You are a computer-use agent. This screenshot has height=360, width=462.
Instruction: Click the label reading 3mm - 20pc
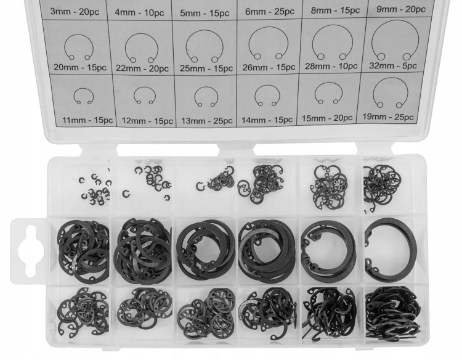(75, 12)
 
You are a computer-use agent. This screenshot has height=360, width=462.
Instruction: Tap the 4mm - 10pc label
(139, 13)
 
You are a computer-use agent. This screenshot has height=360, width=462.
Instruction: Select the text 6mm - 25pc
(270, 12)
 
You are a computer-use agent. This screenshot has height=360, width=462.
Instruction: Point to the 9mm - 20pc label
(401, 9)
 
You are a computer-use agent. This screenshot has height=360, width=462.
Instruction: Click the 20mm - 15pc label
(80, 67)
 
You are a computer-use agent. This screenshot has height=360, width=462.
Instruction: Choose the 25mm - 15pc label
(206, 68)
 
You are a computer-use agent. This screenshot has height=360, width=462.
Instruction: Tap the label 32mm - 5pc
(393, 65)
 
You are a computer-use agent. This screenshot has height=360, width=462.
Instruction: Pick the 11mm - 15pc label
(87, 120)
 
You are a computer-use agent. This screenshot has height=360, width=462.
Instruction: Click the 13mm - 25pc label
(207, 121)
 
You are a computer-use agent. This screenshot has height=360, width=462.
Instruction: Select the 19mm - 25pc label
(387, 117)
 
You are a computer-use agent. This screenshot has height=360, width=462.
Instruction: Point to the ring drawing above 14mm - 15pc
(267, 86)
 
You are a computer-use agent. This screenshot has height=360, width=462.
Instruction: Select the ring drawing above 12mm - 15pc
(144, 88)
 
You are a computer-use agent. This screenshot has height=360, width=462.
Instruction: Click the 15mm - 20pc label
(327, 118)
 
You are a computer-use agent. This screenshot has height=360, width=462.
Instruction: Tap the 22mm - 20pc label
(142, 68)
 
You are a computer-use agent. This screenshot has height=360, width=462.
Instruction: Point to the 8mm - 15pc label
(335, 10)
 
